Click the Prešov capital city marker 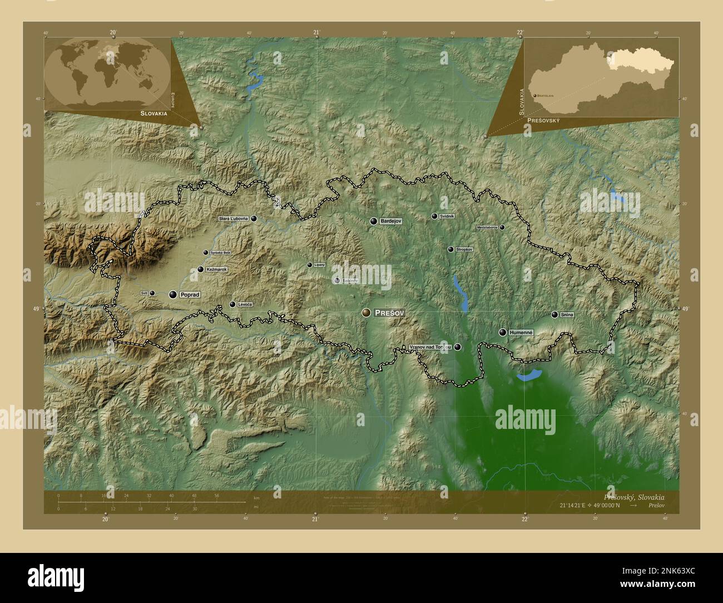point(366,313)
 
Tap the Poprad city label point(190,295)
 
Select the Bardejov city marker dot point(374,221)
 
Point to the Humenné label point(522,332)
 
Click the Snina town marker point(554,314)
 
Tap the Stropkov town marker point(450,250)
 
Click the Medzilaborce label point(488,228)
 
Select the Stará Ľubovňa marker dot point(254,219)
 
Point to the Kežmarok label point(216,269)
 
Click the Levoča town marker point(232,304)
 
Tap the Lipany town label point(319,265)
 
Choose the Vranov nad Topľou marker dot point(458,347)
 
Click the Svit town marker point(152,293)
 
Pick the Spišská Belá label point(220,253)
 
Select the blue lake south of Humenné point(529,375)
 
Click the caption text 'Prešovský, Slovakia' point(633,497)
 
